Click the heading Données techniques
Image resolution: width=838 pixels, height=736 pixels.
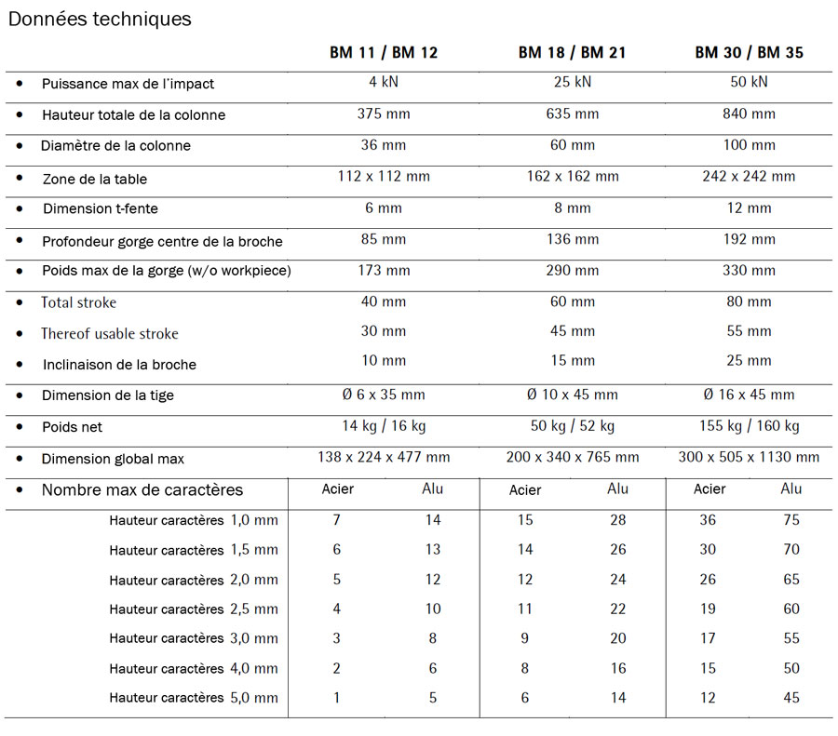tap(100, 19)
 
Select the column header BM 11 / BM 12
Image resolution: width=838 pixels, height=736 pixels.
tap(383, 53)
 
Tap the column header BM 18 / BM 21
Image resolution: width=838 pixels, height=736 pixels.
tap(572, 53)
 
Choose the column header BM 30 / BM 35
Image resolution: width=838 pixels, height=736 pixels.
tap(749, 53)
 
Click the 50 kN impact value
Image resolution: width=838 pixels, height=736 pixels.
tap(749, 82)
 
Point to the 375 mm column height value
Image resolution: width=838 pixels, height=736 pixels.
tap(383, 114)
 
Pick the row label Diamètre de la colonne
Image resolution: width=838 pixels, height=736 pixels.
tap(115, 146)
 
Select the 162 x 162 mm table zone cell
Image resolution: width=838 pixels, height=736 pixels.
tap(572, 177)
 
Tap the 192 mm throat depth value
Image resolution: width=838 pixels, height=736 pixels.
tap(749, 240)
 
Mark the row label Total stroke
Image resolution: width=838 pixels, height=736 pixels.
tap(78, 302)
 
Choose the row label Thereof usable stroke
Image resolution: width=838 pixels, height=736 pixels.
tap(109, 334)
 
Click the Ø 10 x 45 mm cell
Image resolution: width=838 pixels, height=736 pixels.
tap(572, 395)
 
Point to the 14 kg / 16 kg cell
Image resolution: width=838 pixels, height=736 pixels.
tap(383, 427)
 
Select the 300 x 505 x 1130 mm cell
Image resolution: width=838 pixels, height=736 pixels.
tap(749, 457)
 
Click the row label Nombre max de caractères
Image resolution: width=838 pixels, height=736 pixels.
tap(142, 490)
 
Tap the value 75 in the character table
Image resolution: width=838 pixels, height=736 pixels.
tap(791, 520)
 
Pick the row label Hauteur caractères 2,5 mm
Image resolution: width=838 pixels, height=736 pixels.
tap(193, 609)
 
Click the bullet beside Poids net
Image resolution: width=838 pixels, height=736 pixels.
tap(20, 427)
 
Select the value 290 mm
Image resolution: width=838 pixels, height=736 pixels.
tap(572, 271)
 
